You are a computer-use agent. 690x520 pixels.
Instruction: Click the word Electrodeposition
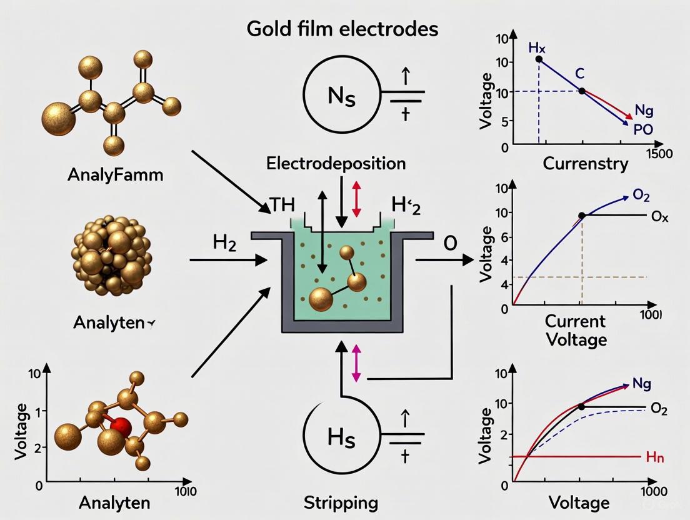point(336,164)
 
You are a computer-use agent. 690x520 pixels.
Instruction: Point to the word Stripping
point(341,502)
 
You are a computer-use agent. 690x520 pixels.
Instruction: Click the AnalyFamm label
point(115,174)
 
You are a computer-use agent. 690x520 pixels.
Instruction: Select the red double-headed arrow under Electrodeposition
point(357,199)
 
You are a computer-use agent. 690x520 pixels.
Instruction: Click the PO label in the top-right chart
point(642,129)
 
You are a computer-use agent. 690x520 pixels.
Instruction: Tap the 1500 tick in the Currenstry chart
point(660,154)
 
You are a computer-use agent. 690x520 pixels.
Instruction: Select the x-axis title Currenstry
point(585,164)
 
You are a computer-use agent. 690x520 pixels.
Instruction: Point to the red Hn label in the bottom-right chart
point(654,457)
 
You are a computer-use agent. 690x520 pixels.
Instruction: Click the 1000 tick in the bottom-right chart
point(654,491)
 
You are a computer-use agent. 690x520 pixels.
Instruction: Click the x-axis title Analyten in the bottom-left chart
point(109,502)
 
